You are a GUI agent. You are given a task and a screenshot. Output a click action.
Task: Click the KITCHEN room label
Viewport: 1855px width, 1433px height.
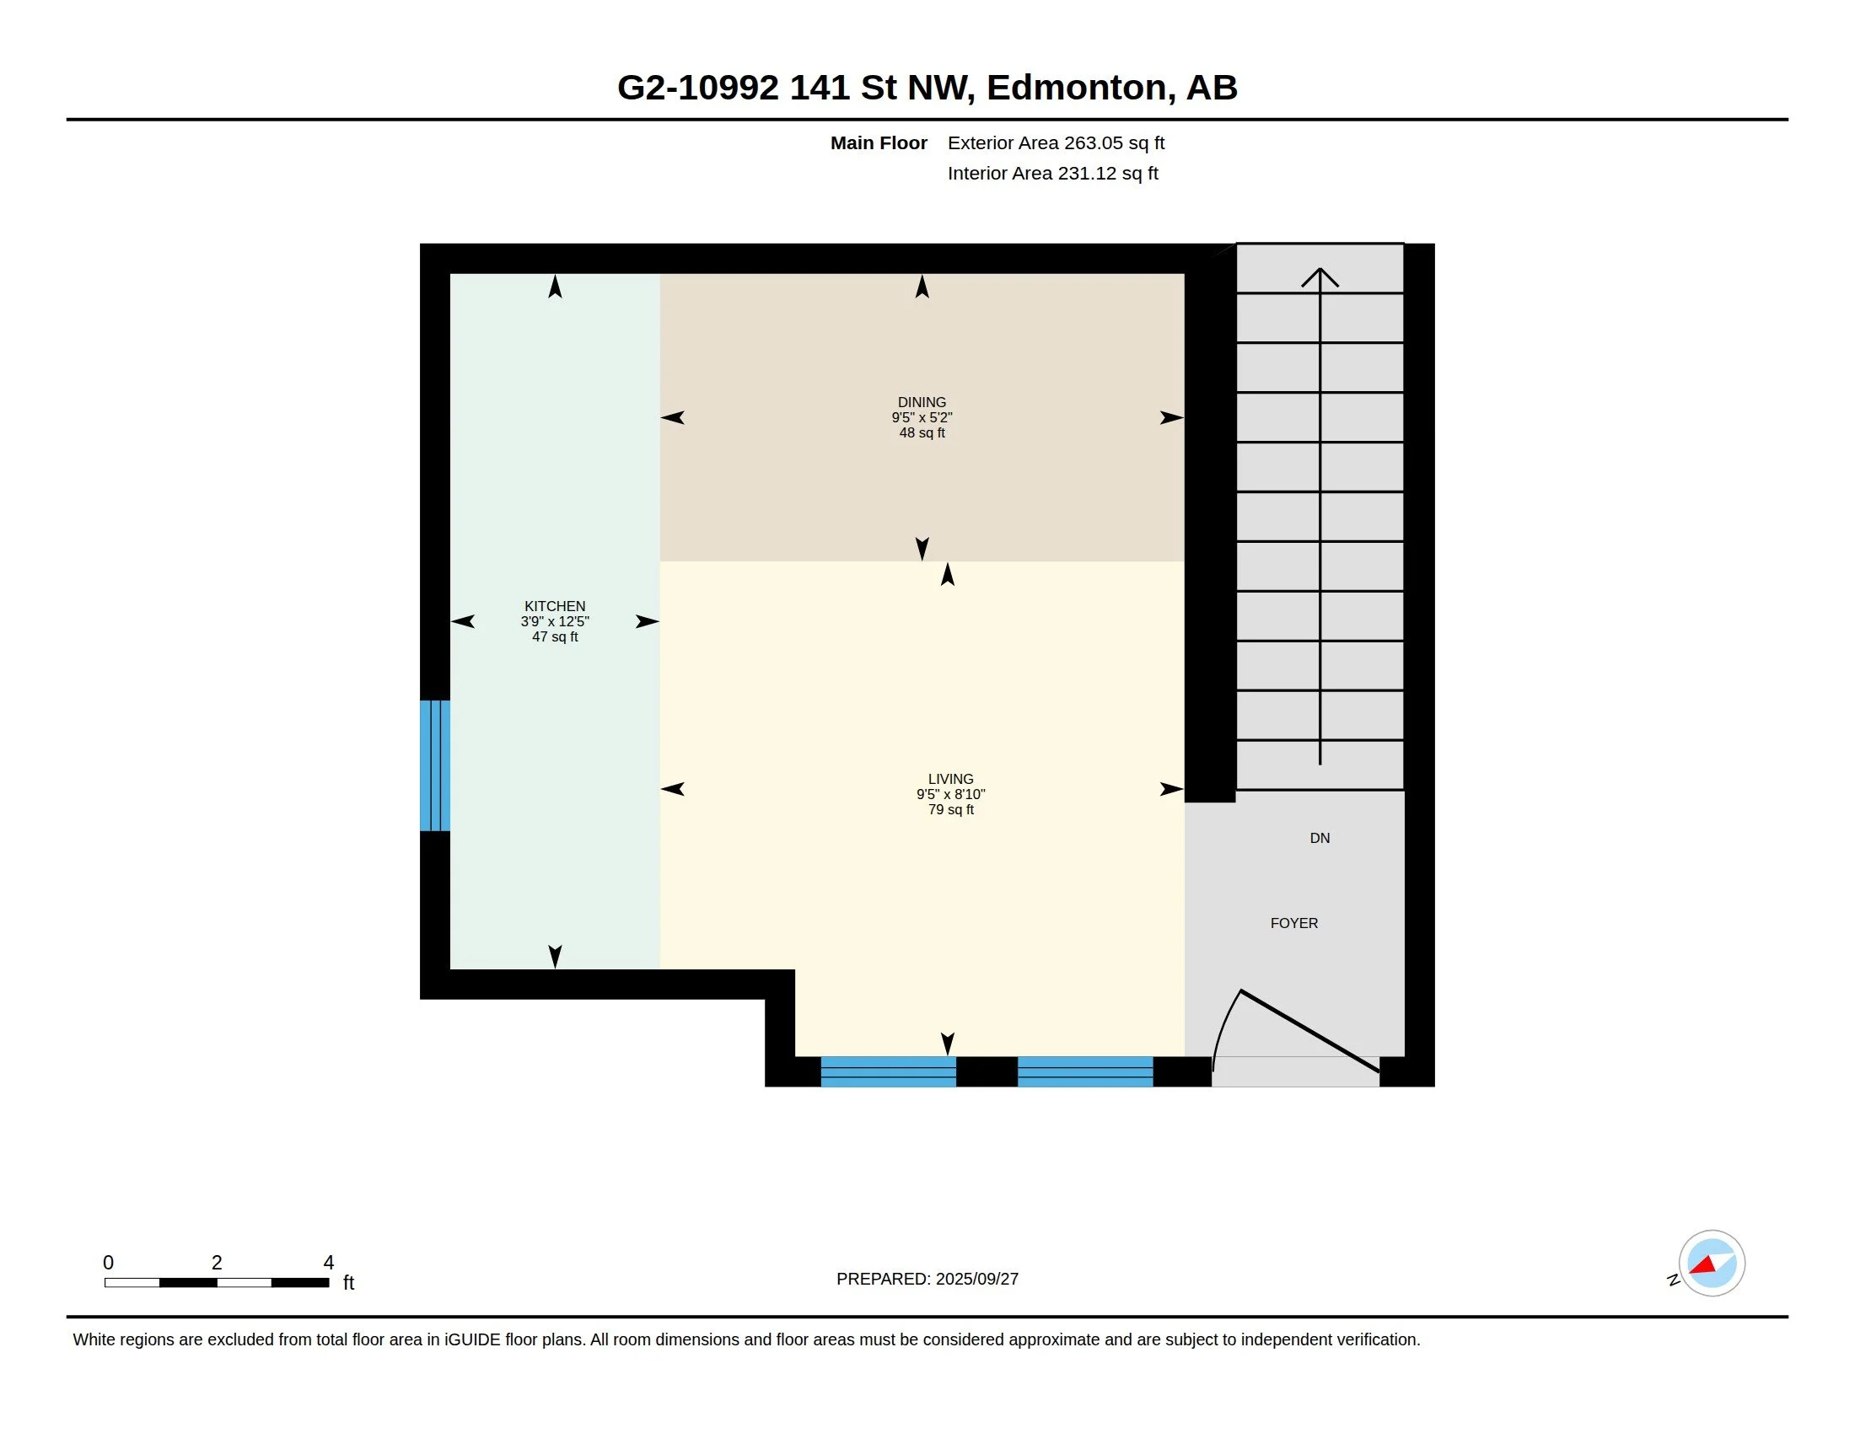point(555,606)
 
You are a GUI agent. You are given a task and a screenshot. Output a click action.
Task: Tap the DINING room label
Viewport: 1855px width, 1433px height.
point(922,402)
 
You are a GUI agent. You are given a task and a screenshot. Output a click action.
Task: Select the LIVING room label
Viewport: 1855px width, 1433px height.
point(950,780)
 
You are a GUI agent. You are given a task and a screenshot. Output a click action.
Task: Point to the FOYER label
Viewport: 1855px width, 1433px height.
point(1293,924)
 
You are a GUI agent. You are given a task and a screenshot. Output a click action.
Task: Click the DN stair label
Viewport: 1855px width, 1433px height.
point(1319,839)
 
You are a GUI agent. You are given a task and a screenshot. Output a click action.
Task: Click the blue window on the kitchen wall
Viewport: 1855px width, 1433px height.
point(435,765)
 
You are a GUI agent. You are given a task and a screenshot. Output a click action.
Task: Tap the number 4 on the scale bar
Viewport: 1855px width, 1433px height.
point(329,1263)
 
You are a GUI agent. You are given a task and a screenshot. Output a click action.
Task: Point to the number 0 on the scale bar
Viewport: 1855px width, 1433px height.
point(108,1263)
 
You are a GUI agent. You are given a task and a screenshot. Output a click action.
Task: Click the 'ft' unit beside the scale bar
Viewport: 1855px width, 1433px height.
point(348,1283)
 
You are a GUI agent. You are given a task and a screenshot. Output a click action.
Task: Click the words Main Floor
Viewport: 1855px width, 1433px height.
point(879,143)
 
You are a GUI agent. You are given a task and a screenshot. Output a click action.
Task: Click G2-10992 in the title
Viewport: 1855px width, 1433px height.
point(697,88)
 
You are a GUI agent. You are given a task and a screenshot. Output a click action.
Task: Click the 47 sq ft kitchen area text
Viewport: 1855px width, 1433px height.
point(555,636)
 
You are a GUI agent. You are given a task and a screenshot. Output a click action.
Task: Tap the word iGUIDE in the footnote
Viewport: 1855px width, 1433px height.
point(472,1339)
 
